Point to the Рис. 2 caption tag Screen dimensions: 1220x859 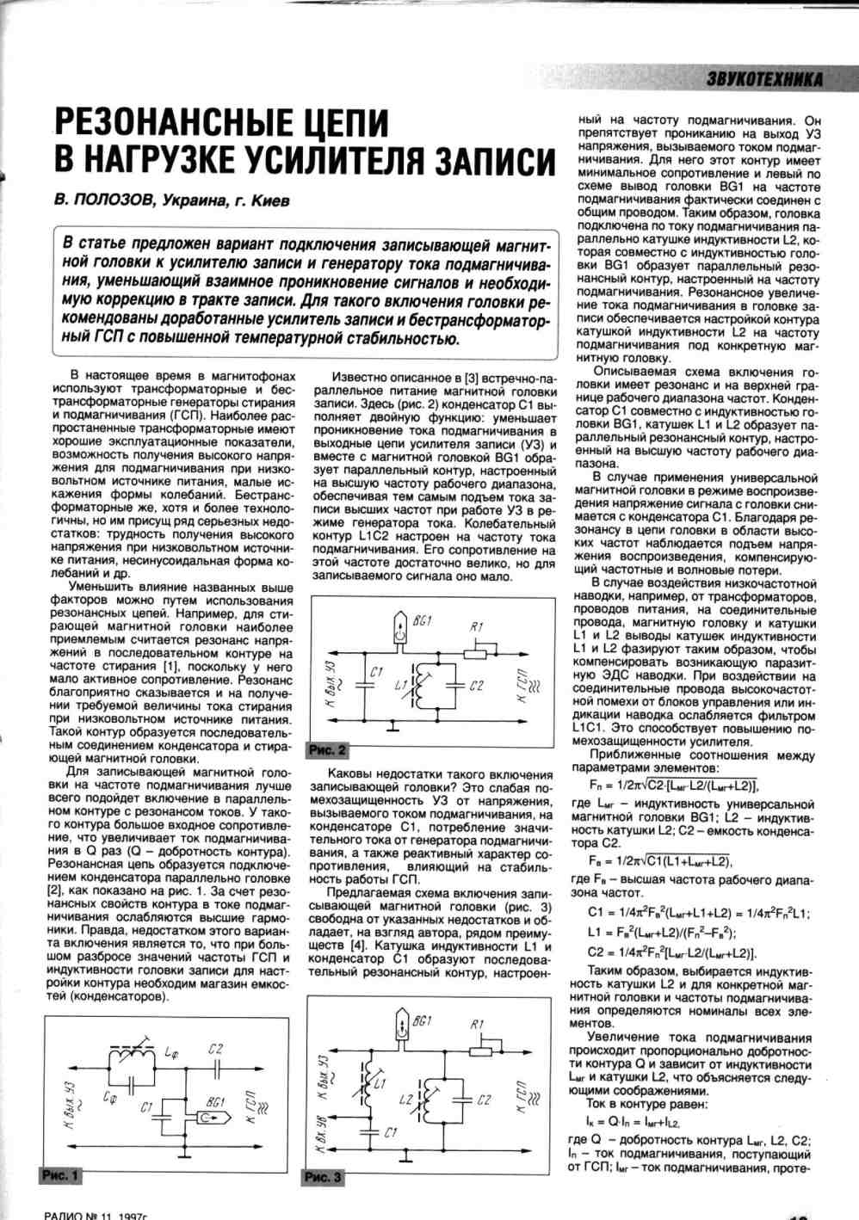pos(327,750)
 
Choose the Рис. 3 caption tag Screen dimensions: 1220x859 pos(324,1176)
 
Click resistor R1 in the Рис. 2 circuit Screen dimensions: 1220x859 pos(476,652)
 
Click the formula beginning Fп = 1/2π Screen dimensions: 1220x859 pos(670,785)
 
